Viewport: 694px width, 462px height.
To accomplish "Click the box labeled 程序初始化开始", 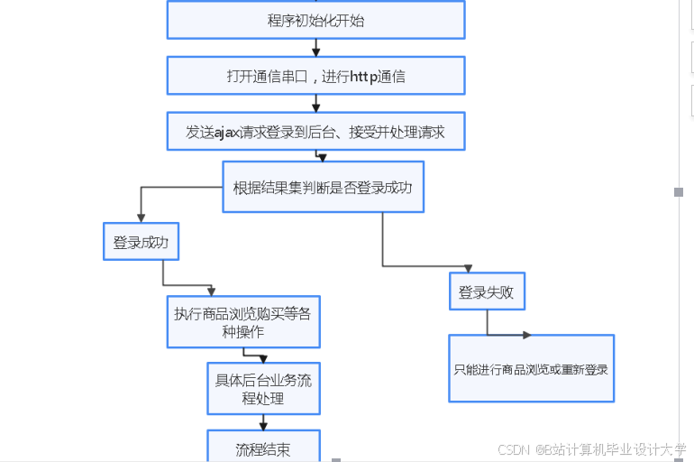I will pyautogui.click(x=315, y=20).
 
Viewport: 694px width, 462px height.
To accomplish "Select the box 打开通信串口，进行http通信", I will pyautogui.click(x=315, y=76).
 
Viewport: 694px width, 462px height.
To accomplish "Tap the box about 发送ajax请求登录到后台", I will pyautogui.click(x=315, y=132).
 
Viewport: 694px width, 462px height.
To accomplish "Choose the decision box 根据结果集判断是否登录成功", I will pyautogui.click(x=323, y=188).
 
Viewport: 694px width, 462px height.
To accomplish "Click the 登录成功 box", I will pyautogui.click(x=142, y=242).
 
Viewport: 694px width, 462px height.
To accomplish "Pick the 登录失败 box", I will pyautogui.click(x=487, y=291).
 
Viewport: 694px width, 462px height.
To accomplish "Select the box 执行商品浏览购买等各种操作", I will pyautogui.click(x=243, y=322).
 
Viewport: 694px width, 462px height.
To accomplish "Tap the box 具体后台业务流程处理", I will pyautogui.click(x=263, y=389).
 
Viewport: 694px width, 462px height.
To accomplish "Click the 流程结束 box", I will pyautogui.click(x=263, y=448).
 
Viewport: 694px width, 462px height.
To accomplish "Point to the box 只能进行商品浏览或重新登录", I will pyautogui.click(x=532, y=368).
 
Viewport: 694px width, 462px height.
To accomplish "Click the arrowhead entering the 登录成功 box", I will pyautogui.click(x=141, y=217).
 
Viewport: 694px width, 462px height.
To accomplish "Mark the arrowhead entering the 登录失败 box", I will pyautogui.click(x=468, y=268).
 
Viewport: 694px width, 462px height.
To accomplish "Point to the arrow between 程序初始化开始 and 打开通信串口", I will pyautogui.click(x=315, y=48).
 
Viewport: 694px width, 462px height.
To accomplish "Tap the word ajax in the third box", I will pyautogui.click(x=227, y=132).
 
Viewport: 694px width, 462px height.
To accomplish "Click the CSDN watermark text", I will pyautogui.click(x=512, y=448).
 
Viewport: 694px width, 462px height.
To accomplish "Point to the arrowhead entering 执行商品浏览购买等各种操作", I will pyautogui.click(x=211, y=291).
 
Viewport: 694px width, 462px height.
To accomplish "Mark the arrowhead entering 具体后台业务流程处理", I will pyautogui.click(x=263, y=358).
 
